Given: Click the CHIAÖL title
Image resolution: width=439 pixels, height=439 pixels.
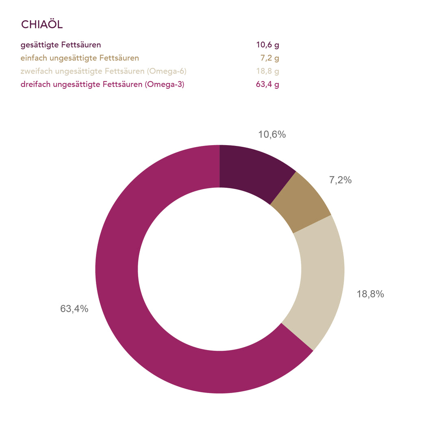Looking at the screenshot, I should pyautogui.click(x=41, y=24).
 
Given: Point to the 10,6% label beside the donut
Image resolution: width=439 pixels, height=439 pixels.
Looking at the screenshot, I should pyautogui.click(x=272, y=135).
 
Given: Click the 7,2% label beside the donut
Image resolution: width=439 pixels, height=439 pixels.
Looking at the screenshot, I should pyautogui.click(x=340, y=180).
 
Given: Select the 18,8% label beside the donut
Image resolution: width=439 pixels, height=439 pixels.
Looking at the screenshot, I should pyautogui.click(x=370, y=294).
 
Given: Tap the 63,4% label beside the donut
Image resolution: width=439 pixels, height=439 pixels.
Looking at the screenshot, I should pyautogui.click(x=74, y=309).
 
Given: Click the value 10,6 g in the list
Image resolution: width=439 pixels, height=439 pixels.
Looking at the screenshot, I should pyautogui.click(x=267, y=45).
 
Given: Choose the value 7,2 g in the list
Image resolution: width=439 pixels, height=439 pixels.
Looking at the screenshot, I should pyautogui.click(x=269, y=58).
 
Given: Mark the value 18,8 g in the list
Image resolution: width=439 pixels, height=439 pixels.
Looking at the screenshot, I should pyautogui.click(x=267, y=72).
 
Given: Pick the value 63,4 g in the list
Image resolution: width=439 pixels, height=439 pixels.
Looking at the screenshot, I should pyautogui.click(x=267, y=85).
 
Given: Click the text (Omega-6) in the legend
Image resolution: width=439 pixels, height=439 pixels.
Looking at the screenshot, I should pyautogui.click(x=167, y=72).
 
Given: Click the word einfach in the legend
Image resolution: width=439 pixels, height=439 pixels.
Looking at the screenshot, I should pyautogui.click(x=34, y=58).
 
